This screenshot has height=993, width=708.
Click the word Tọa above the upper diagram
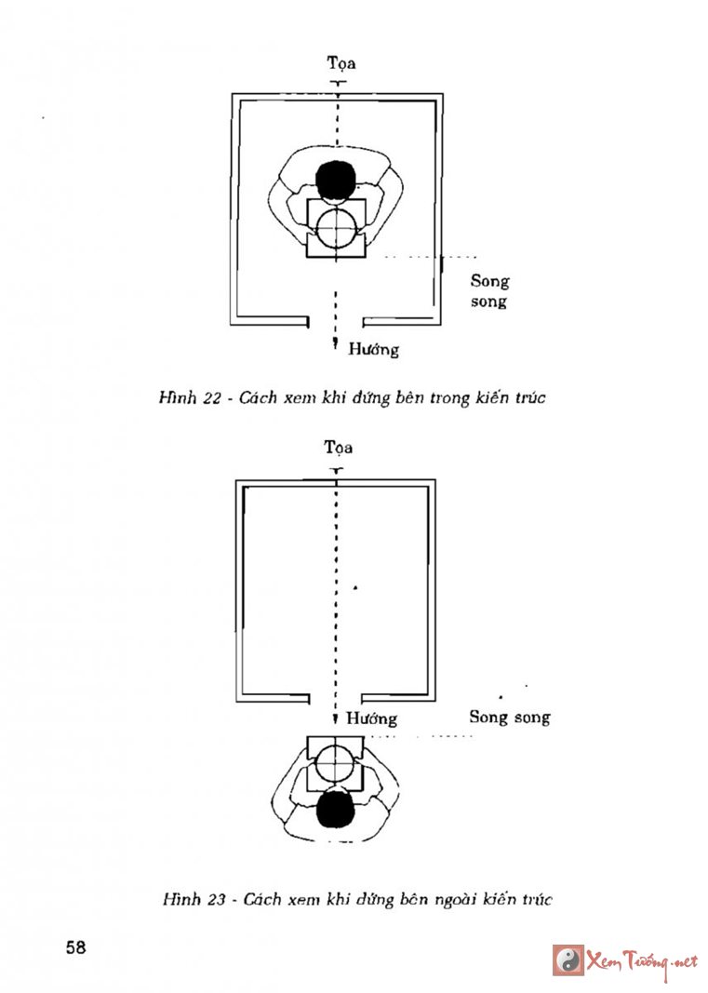click(x=341, y=63)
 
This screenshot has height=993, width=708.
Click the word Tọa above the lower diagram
click(x=339, y=448)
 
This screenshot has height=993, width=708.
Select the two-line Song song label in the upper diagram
click(x=489, y=290)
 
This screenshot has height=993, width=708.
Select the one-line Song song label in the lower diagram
click(x=509, y=717)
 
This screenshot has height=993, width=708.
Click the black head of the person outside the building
click(x=336, y=811)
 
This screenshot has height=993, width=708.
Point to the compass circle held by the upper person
click(x=336, y=227)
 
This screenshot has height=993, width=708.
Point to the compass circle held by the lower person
click(x=335, y=761)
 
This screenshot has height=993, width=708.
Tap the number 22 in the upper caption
click(x=211, y=398)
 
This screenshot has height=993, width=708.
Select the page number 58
click(x=75, y=947)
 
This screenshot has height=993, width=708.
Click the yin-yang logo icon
click(x=568, y=959)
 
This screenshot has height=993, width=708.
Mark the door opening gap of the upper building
click(x=336, y=321)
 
